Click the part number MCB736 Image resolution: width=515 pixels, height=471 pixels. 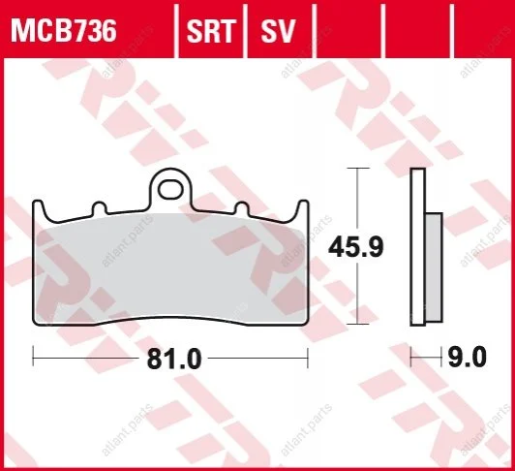[64, 31]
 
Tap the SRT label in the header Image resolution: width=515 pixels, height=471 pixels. [211, 31]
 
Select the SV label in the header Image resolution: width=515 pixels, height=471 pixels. [278, 31]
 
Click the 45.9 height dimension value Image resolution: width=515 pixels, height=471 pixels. [355, 248]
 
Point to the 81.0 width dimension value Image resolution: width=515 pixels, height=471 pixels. [174, 359]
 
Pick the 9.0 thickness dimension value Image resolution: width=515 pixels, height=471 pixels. [467, 358]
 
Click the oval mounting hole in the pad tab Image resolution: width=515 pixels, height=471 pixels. [169, 189]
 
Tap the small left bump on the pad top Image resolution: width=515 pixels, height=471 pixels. [100, 208]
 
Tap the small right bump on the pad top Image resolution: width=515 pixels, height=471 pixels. [242, 208]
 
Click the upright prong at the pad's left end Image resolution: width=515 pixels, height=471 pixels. [39, 209]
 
